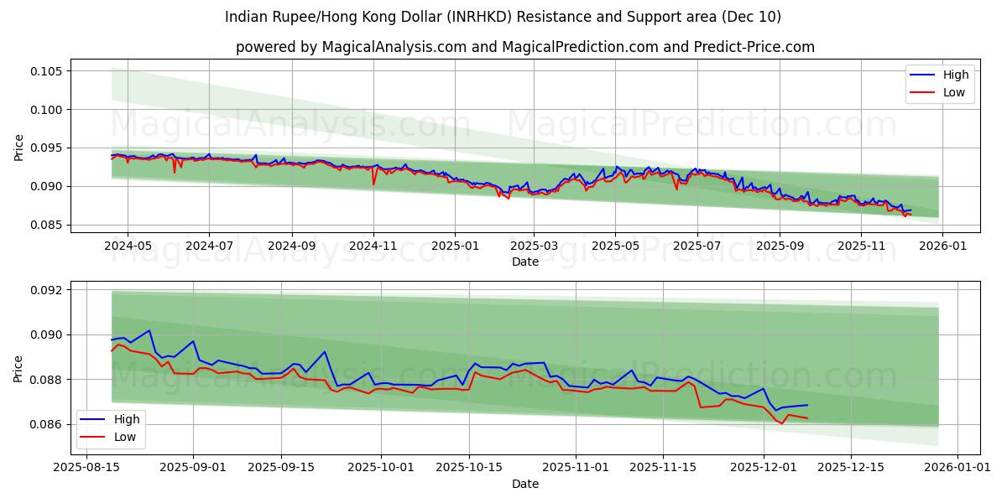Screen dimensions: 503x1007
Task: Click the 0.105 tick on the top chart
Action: coord(47,71)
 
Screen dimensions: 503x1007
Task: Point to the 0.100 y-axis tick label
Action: coord(47,110)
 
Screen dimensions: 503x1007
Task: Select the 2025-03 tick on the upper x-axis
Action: coord(534,246)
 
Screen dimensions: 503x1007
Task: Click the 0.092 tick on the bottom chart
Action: coord(47,290)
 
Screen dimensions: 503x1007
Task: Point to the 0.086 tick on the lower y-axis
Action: coord(47,424)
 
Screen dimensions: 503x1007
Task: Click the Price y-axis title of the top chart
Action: coord(18,148)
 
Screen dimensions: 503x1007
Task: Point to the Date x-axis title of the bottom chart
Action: coord(525,484)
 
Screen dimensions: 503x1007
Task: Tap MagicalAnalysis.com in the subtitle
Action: coord(394,47)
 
